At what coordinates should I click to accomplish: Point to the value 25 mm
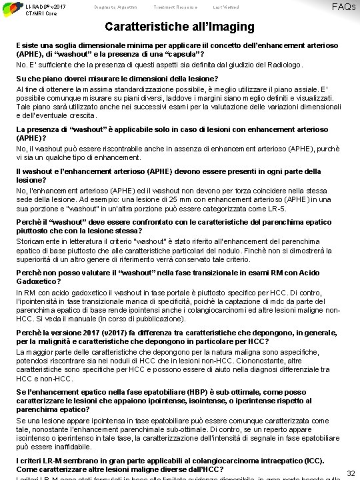(163, 199)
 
